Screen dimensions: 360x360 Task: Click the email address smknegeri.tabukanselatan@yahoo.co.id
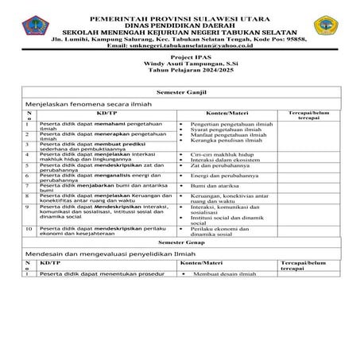click(x=180, y=45)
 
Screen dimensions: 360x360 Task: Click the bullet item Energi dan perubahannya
click(x=225, y=176)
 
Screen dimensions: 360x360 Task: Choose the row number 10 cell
click(x=29, y=228)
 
